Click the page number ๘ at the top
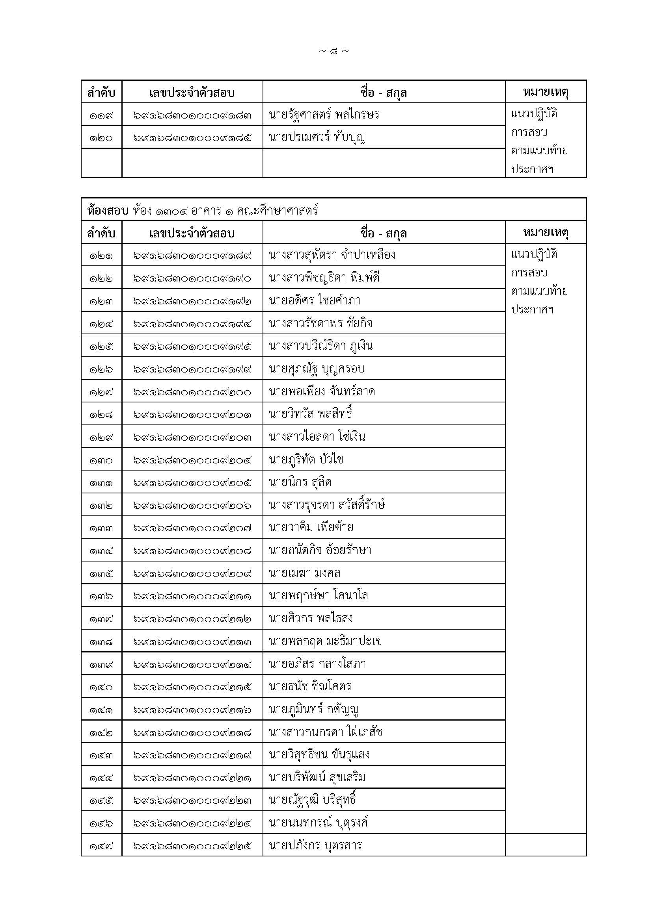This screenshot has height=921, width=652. point(333,51)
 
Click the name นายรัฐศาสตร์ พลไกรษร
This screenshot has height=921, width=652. point(324,115)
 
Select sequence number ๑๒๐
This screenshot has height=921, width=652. point(101,138)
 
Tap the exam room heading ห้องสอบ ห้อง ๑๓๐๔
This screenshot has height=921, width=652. point(202,210)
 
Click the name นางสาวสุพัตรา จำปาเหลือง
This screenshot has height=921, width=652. point(332,255)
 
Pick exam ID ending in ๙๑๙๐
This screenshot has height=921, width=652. point(192,278)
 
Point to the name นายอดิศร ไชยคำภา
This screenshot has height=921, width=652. point(314,300)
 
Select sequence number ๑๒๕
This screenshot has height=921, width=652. point(101,346)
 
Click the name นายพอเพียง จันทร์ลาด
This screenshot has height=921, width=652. point(322,391)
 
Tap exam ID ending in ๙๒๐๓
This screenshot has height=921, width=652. point(192,437)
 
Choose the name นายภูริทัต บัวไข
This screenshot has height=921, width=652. point(306,460)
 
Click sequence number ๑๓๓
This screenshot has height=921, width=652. point(101,528)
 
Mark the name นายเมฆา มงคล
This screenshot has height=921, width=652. point(305,573)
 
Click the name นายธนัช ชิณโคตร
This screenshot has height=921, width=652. point(310,687)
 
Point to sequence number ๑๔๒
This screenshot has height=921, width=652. point(101,733)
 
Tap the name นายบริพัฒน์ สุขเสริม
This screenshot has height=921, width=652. point(317,778)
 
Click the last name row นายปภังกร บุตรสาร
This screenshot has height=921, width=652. point(316,846)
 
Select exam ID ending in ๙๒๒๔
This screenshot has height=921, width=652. point(192,823)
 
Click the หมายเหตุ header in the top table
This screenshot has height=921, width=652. point(546,92)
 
